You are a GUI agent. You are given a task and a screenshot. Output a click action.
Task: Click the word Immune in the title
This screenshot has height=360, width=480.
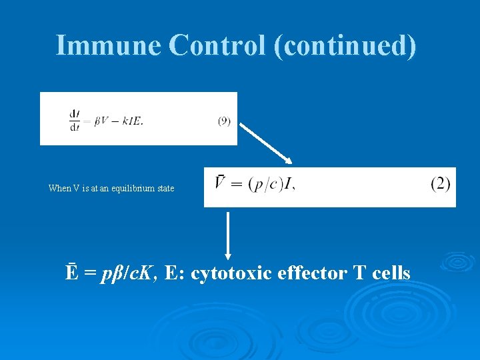pyautogui.click(x=109, y=45)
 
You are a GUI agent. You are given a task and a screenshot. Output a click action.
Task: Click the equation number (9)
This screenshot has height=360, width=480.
pyautogui.click(x=224, y=121)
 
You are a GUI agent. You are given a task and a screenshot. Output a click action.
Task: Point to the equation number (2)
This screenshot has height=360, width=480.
pyautogui.click(x=440, y=183)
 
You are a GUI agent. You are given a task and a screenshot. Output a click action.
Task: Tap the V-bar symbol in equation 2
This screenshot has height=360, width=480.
pyautogui.click(x=220, y=183)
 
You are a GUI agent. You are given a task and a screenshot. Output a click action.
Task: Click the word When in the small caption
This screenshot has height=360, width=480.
pyautogui.click(x=59, y=189)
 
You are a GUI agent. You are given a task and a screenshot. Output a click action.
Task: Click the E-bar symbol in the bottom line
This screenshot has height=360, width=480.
pyautogui.click(x=71, y=273)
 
